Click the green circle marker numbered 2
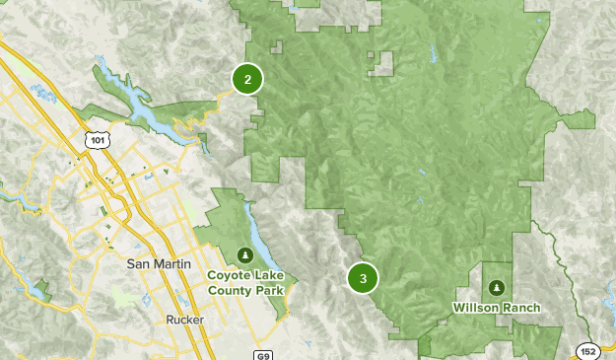pyautogui.click(x=247, y=80)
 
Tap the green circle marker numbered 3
pyautogui.click(x=363, y=279)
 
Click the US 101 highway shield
pyautogui.click(x=97, y=140)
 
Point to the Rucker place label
pyautogui.click(x=184, y=318)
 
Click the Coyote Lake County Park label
pyautogui.click(x=245, y=283)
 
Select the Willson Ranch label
pyautogui.click(x=496, y=308)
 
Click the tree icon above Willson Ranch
pyautogui.click(x=496, y=287)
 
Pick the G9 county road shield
pyautogui.click(x=262, y=353)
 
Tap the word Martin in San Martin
pyautogui.click(x=168, y=264)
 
